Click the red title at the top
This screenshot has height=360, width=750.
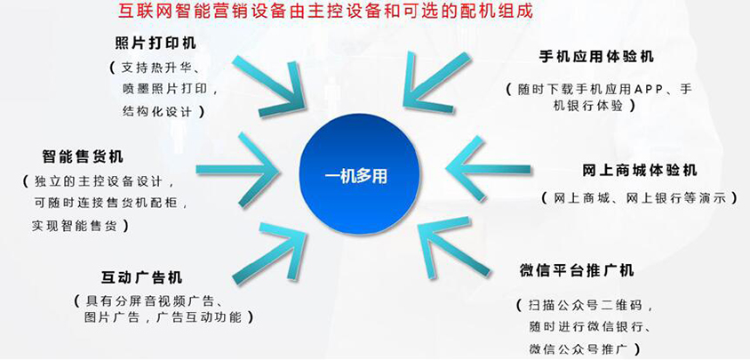pos(325,11)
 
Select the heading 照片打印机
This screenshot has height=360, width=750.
pos(156,43)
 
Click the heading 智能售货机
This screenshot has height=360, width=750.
pos(83,156)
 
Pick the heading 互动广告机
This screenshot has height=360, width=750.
pos(141,277)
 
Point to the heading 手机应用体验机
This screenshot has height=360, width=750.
pos(596,57)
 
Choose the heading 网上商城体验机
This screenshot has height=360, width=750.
pos(640,171)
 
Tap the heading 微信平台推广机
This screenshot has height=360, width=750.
pos(577,270)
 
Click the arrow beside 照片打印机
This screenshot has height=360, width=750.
pos(269,85)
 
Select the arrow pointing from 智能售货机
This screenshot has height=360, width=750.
pos(238,169)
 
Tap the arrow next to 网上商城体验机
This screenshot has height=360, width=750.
pos(488,168)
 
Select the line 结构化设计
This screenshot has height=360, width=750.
pos(157,111)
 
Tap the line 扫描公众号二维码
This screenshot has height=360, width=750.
pos(585,305)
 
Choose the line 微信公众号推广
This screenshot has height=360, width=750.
pos(583,347)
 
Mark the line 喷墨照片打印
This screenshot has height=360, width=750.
pos(166,89)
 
